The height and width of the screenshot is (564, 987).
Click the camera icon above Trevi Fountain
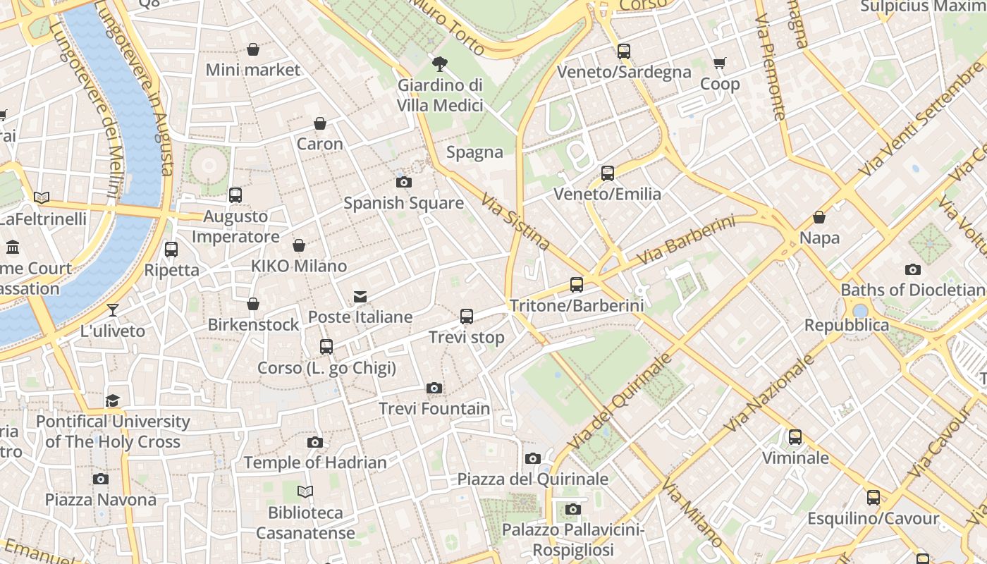pos(434,388)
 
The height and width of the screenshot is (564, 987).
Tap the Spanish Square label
pos(403,204)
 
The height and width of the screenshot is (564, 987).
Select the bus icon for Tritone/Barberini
pos(577,285)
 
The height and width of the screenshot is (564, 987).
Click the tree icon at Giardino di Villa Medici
pos(440,64)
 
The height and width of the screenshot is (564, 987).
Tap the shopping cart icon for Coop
pos(719,63)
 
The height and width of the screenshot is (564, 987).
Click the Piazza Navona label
pos(101,500)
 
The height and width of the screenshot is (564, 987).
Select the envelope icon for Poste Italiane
pos(360,296)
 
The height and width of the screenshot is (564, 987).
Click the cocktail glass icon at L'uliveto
pos(113,309)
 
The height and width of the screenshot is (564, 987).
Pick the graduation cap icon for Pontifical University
pos(113,400)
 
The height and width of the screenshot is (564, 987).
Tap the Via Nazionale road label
pos(770,392)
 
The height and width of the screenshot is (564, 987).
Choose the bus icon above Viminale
pos(795,437)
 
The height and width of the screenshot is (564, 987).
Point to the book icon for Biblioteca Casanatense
pos(305,491)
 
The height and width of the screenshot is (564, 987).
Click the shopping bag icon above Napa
pos(819,217)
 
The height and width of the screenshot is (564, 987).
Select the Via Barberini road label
pos(685,241)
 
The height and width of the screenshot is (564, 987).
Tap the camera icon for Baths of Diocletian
pos(912,269)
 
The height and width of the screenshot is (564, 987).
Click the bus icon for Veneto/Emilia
pos(608,173)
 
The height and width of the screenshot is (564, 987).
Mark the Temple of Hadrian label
pos(315,463)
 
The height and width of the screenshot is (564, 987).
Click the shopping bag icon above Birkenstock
pos(253,304)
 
